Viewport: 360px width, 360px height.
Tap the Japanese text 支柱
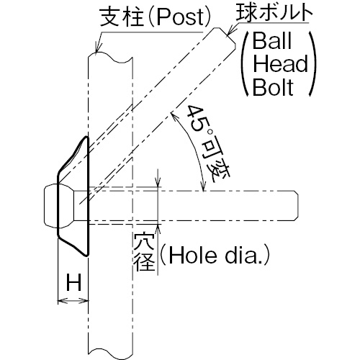click(x=122, y=17)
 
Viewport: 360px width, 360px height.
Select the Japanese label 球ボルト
click(x=274, y=12)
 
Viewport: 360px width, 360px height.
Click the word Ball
click(x=272, y=41)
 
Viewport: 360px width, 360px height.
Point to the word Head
click(x=280, y=63)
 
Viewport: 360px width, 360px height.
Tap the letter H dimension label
click(x=73, y=282)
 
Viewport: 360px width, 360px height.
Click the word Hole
click(x=192, y=256)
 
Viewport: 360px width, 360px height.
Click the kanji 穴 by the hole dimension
click(x=144, y=243)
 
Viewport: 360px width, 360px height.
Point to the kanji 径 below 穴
click(x=144, y=261)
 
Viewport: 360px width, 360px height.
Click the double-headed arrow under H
click(x=73, y=300)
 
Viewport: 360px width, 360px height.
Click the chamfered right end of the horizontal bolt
click(x=296, y=205)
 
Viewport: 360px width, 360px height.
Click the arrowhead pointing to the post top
click(x=97, y=48)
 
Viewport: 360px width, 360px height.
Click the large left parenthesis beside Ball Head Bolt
click(x=246, y=63)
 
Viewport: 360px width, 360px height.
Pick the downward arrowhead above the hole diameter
click(x=158, y=183)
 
